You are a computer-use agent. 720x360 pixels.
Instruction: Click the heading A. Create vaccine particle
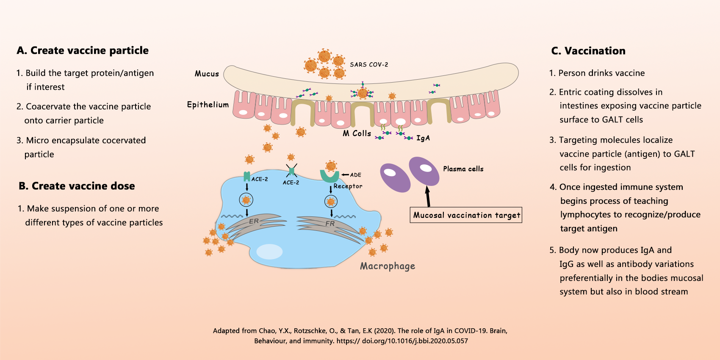(x=83, y=50)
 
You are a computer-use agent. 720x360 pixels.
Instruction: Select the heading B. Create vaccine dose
(x=77, y=186)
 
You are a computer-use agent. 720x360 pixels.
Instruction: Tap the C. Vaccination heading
(x=588, y=51)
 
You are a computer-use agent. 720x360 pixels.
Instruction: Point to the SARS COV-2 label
(x=369, y=64)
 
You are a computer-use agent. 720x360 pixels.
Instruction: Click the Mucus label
(x=207, y=74)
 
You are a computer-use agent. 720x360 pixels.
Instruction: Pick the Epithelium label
(x=208, y=105)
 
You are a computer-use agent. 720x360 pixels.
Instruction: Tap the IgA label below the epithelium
(x=423, y=138)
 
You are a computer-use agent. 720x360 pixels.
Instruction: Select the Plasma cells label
(x=463, y=169)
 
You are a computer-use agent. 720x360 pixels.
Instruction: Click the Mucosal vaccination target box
(x=466, y=215)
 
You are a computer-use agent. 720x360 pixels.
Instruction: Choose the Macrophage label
(x=388, y=266)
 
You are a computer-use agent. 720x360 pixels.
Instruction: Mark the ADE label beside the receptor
(x=356, y=175)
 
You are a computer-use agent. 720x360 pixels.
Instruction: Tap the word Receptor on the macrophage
(x=348, y=186)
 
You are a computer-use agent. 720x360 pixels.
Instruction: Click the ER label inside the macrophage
(x=254, y=221)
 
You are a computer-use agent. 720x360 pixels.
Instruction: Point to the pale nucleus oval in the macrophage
(x=269, y=252)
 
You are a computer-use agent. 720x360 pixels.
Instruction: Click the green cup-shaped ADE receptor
(x=330, y=176)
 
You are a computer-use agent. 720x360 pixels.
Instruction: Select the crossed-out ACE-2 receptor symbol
(x=291, y=171)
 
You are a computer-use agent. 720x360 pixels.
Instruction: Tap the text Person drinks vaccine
(x=601, y=73)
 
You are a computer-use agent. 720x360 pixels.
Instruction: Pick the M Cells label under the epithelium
(x=357, y=133)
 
